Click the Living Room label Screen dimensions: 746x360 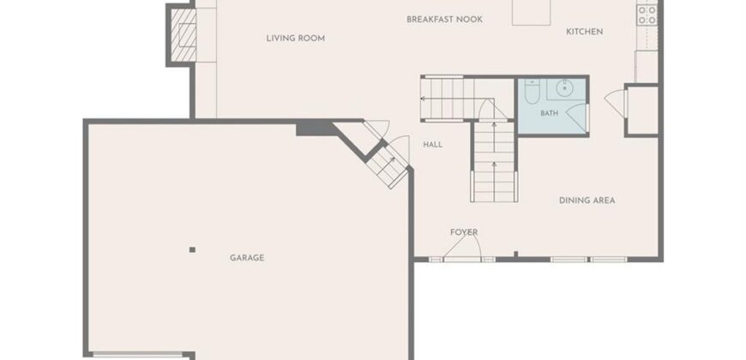(x=296, y=38)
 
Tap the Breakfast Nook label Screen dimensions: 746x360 (x=444, y=20)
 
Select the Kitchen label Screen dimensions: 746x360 (x=584, y=32)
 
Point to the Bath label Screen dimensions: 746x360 (x=549, y=114)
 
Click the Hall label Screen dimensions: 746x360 (x=432, y=145)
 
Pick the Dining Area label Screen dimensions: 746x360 (x=587, y=201)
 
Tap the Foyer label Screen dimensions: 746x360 (x=464, y=232)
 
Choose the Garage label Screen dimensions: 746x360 (x=247, y=258)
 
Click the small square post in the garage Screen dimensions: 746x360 (x=192, y=249)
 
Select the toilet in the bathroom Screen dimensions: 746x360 (x=532, y=91)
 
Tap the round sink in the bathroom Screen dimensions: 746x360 (x=565, y=88)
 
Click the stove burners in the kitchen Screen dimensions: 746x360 (x=647, y=15)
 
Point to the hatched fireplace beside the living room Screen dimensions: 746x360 (x=183, y=35)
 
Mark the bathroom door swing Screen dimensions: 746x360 (x=576, y=118)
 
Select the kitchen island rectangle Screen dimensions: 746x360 (x=532, y=12)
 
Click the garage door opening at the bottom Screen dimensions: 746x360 (x=138, y=354)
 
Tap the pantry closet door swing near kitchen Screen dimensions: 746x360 (x=616, y=103)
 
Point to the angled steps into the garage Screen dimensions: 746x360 (x=388, y=165)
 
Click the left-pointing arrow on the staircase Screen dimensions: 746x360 (x=442, y=99)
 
